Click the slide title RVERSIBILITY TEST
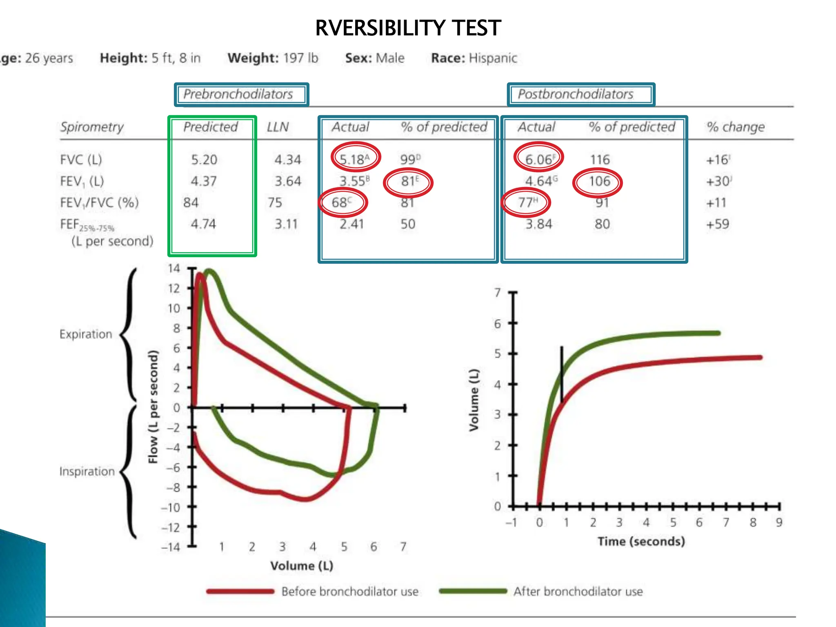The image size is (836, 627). pos(408,28)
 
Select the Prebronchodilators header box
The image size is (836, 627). pos(241,94)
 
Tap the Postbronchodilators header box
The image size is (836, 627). pos(580,94)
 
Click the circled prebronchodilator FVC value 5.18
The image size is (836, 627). pos(355,158)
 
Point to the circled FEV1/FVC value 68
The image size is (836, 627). pos(342,202)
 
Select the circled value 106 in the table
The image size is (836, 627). pos(598,181)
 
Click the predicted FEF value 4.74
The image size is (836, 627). pos(203,224)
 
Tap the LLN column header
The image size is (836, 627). pos(278,127)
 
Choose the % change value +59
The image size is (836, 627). pos(717,224)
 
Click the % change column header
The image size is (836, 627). pos(736,127)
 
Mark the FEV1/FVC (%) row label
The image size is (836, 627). pos(99,202)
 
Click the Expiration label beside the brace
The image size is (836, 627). pos(86,334)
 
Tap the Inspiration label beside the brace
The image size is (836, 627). pos(87,471)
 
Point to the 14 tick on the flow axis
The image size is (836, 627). pos(174,268)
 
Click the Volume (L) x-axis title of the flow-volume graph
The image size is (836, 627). pos(302,566)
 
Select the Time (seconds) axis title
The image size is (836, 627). pos(641,541)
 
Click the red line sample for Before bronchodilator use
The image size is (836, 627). pos(240,591)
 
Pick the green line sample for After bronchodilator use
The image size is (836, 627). pos(473,591)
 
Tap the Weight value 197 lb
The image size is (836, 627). pos(300,58)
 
